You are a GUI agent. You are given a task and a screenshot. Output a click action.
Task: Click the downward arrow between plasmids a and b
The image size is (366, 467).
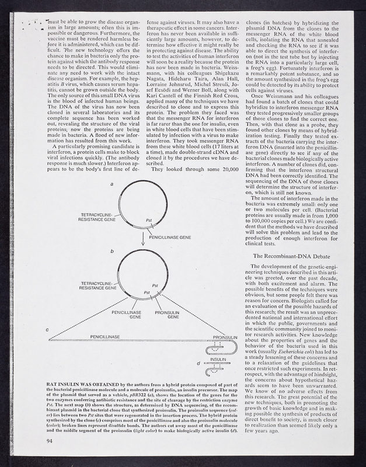click(142, 239)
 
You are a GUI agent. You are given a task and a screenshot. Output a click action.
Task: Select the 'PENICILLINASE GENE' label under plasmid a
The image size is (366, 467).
click(170, 239)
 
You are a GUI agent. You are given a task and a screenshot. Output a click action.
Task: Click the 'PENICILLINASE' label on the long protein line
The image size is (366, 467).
click(105, 337)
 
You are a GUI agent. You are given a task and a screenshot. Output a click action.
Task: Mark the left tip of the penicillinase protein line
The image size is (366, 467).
click(50, 340)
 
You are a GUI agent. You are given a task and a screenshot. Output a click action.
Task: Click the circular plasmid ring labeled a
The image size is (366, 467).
click(118, 211)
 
